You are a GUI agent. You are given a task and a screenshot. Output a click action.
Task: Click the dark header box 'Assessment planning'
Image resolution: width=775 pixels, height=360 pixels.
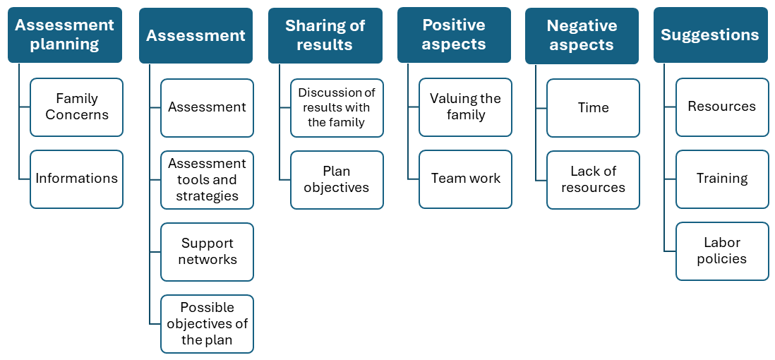[x=65, y=35]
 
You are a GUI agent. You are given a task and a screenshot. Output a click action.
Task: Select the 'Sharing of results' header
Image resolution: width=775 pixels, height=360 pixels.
[x=325, y=35]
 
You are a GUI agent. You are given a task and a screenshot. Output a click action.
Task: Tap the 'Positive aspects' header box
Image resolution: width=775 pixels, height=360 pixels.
[x=454, y=35]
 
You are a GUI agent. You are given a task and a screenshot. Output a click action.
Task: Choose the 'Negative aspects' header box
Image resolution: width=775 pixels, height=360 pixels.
[x=582, y=35]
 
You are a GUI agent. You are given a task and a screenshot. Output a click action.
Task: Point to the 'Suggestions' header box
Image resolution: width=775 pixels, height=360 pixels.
[x=710, y=35]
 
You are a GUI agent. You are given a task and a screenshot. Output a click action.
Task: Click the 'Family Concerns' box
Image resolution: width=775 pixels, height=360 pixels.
[x=76, y=107]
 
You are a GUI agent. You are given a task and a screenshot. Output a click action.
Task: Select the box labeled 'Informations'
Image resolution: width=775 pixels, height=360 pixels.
[x=76, y=179]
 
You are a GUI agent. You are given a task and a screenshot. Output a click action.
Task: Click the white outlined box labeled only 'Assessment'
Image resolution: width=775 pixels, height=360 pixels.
[x=207, y=107]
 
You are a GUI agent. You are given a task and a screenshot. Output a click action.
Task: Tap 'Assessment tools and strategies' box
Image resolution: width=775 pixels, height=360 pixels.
[x=207, y=180]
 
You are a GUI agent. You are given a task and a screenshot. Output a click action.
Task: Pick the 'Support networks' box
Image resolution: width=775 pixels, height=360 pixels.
[x=207, y=251]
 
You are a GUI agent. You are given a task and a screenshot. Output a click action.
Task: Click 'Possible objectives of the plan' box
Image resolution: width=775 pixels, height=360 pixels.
[x=207, y=323]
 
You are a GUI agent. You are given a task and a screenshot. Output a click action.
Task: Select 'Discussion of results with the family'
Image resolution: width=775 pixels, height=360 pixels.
[x=337, y=107]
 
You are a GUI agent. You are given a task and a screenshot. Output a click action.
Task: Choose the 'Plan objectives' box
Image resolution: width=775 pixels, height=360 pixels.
[x=337, y=179]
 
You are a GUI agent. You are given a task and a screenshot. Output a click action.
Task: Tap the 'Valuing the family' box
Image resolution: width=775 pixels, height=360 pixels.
[x=465, y=107]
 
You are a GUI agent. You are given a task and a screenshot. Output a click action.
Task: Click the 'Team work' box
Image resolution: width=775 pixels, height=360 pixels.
[x=465, y=179]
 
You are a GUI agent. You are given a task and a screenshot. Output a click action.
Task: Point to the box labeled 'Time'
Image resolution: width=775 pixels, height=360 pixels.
[x=593, y=107]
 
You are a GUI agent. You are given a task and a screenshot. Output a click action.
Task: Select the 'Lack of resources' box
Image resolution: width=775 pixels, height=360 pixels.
[x=593, y=179]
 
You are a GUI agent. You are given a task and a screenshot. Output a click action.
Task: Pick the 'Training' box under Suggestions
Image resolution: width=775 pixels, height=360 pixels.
[x=721, y=179]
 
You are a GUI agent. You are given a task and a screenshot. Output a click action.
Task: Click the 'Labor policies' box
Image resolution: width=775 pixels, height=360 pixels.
[x=721, y=251]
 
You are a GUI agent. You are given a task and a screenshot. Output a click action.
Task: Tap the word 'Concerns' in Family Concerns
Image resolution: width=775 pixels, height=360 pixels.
[x=77, y=115]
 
